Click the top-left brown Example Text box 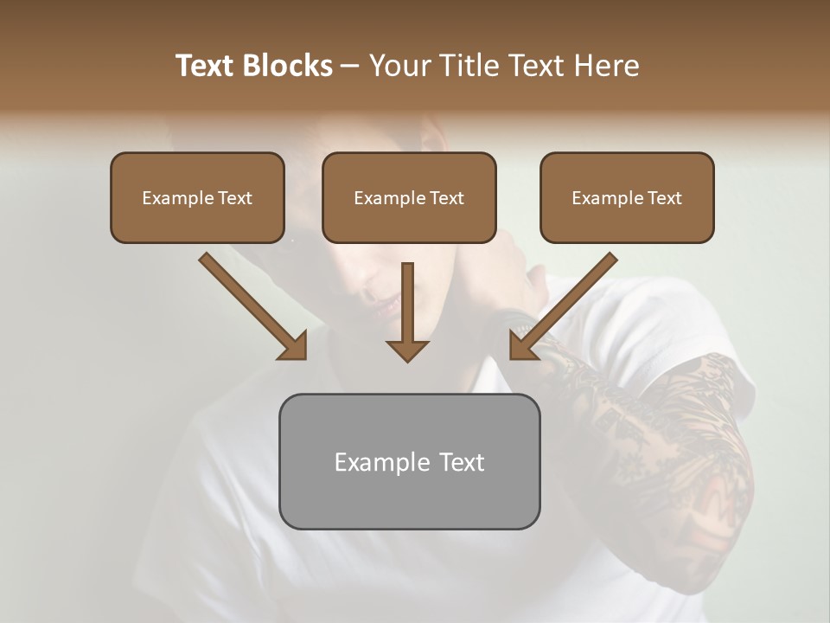[x=197, y=198]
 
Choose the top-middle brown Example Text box [x=409, y=198]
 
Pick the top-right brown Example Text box [x=627, y=198]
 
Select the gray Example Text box [x=409, y=461]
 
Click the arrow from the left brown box [x=251, y=305]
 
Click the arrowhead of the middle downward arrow [x=407, y=350]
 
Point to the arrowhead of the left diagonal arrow [x=294, y=346]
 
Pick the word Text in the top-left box [x=234, y=198]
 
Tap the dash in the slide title [x=350, y=66]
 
